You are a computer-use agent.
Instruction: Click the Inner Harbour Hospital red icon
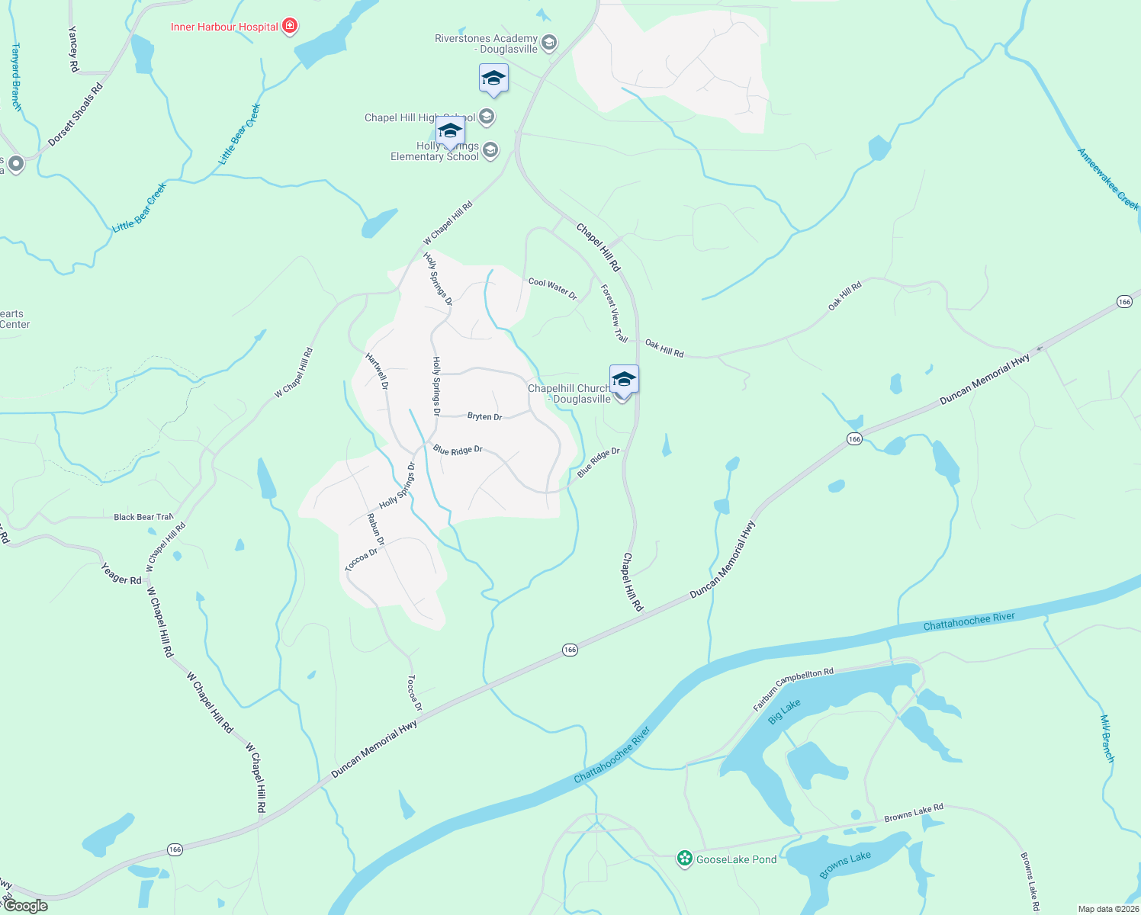point(289,27)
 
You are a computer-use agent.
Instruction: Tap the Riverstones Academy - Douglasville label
point(486,43)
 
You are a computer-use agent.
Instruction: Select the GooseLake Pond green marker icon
point(685,859)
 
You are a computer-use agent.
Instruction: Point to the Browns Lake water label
point(845,865)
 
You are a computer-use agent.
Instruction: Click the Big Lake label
point(784,711)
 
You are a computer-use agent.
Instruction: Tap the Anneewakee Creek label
point(1107,179)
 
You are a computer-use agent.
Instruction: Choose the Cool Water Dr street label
point(553,288)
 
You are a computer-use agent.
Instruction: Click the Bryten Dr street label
point(484,416)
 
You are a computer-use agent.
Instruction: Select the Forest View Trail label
point(614,313)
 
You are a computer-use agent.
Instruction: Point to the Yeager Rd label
point(121,573)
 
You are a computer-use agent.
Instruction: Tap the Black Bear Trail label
point(143,517)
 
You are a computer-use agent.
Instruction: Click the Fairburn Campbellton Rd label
point(793,689)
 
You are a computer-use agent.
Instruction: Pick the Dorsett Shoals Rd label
point(75,114)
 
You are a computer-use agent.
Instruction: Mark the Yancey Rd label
point(73,49)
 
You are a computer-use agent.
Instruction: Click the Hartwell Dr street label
point(377,371)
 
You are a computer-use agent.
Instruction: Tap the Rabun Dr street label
point(375,529)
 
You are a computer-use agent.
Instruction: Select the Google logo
point(26,906)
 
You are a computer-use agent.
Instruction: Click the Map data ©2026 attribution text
point(1108,909)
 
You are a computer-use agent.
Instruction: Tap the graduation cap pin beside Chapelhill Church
point(624,378)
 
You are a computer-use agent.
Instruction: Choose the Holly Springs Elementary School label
point(435,151)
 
